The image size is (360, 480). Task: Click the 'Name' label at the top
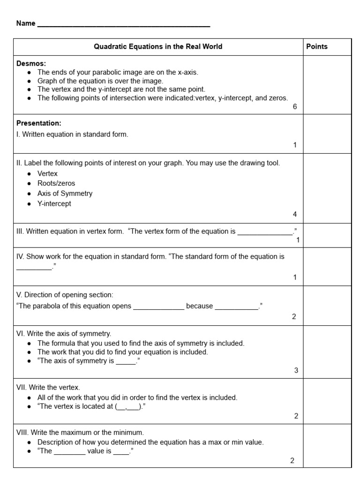coord(26,23)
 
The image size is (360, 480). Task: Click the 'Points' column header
coord(317,46)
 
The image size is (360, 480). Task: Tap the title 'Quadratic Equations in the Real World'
coord(158,46)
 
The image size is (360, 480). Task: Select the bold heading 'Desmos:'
coord(31,64)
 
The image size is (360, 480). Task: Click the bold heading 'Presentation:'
coord(39,123)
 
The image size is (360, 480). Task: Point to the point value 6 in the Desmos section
coord(295,106)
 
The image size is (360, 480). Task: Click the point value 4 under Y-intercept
coord(295,214)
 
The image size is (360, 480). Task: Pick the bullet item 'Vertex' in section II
coord(47,173)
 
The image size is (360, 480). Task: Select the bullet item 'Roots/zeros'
coord(56,183)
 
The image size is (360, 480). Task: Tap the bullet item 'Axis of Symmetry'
coord(65,193)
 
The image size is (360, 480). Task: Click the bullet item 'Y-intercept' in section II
coord(54,204)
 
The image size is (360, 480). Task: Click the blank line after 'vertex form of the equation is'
coord(265,232)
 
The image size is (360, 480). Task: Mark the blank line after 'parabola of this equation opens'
coord(158,308)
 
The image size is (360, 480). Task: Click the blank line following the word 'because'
coord(236,308)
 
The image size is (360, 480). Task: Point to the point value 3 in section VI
coord(296,370)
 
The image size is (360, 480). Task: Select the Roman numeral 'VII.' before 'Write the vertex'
coord(22,387)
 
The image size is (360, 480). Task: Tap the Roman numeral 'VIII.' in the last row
coord(22,432)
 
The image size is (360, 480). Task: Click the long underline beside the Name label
coord(123,25)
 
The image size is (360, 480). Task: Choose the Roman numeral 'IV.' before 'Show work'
coord(20,256)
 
